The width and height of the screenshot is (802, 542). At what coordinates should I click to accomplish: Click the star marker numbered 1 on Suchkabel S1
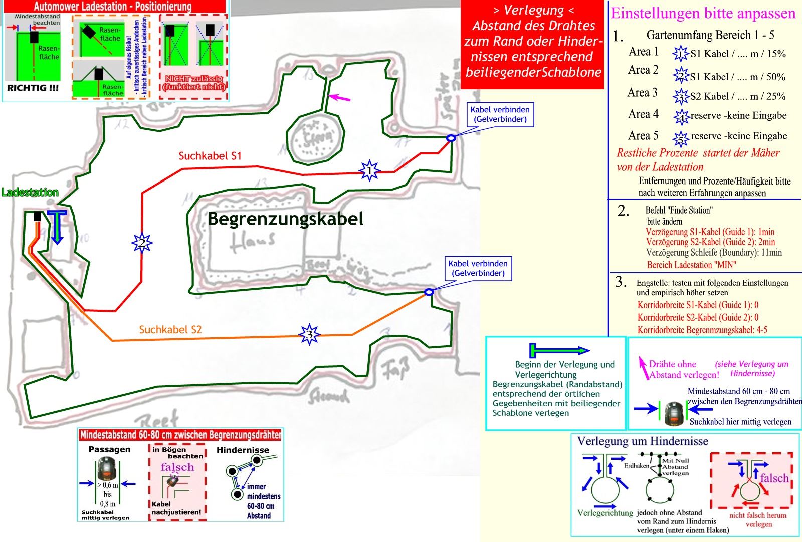369,171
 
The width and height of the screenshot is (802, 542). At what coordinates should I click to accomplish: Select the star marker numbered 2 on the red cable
142,243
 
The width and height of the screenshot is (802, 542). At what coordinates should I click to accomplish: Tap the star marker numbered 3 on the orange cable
309,334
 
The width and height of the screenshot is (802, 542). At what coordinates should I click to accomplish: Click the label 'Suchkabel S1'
210,156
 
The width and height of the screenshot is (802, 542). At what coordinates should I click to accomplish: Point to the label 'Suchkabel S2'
170,330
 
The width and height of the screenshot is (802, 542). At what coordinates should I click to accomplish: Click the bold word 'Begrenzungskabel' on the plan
285,219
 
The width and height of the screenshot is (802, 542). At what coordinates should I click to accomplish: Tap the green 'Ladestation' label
30,192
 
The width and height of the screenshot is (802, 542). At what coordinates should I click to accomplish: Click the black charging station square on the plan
38,216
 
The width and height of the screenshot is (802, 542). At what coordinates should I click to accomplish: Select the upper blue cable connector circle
451,138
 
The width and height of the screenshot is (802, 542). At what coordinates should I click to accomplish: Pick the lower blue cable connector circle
429,292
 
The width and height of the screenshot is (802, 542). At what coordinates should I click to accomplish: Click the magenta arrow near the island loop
339,97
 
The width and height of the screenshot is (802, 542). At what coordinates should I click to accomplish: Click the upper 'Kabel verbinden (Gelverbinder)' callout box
500,114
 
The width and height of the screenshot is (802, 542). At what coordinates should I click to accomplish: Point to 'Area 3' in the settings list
642,93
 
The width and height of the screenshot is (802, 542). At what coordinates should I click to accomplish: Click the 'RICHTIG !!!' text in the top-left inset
33,88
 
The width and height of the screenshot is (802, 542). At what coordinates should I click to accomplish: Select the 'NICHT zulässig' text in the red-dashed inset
193,79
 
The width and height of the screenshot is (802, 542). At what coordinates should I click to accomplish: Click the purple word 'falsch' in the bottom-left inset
177,467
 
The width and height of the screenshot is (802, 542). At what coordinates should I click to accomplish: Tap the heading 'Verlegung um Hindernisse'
643,441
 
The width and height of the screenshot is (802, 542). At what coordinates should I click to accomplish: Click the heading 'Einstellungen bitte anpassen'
703,14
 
